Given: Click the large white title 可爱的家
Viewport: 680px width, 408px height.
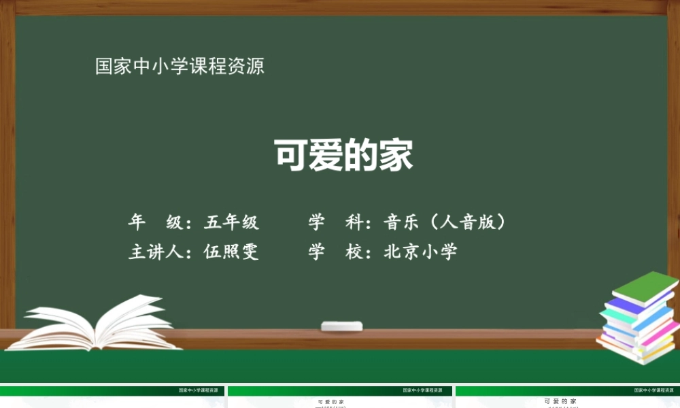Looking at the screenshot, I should [343, 156].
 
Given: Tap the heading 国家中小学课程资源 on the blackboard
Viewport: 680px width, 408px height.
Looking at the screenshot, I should [180, 67].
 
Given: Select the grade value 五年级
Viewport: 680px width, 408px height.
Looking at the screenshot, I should [231, 222].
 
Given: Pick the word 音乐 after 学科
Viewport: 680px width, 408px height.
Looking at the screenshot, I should [401, 222].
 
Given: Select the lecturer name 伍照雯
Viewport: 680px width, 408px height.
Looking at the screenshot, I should [231, 252].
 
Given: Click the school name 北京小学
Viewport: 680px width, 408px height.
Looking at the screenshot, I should [420, 252].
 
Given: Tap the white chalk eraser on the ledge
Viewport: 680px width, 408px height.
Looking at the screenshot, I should [342, 326].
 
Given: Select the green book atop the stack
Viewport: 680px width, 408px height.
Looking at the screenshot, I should [645, 286].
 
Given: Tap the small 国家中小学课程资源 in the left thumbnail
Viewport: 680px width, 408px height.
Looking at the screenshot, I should [198, 391].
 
